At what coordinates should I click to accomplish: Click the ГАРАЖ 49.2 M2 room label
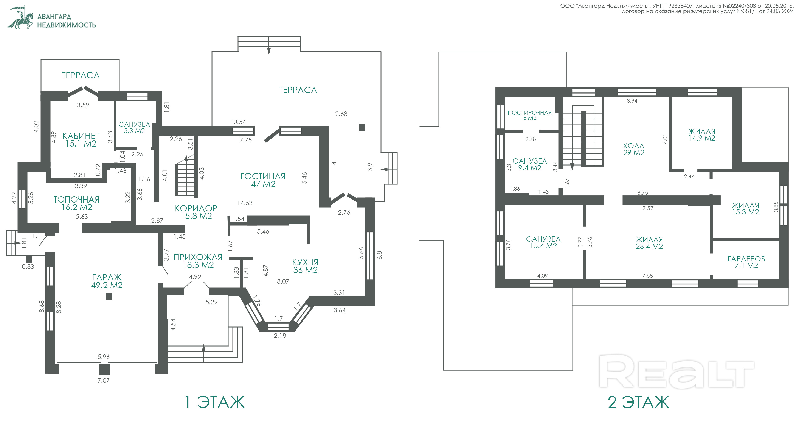[x=107, y=281]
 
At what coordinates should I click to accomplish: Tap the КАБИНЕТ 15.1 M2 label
[x=81, y=140]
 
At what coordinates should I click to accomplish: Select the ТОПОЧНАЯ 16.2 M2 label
[x=76, y=203]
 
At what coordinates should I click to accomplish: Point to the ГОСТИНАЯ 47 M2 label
[x=263, y=180]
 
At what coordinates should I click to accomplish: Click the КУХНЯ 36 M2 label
[x=305, y=266]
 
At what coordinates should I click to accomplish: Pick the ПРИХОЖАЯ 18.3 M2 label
[x=198, y=261]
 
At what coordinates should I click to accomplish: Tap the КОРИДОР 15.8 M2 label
[x=196, y=212]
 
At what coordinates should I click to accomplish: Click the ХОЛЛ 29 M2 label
[x=634, y=149]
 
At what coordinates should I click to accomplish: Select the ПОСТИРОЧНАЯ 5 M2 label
[x=530, y=115]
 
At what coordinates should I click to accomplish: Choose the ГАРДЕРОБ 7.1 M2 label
[x=746, y=262]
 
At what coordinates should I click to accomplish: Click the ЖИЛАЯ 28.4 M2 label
[x=649, y=243]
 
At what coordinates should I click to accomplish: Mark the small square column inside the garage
[x=109, y=297]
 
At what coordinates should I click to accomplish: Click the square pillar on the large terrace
[x=362, y=127]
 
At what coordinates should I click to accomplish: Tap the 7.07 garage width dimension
[x=104, y=381]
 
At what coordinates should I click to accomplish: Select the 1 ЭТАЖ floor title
[x=214, y=402]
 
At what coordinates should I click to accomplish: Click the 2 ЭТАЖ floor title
[x=638, y=402]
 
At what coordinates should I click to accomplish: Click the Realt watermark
[x=677, y=371]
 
